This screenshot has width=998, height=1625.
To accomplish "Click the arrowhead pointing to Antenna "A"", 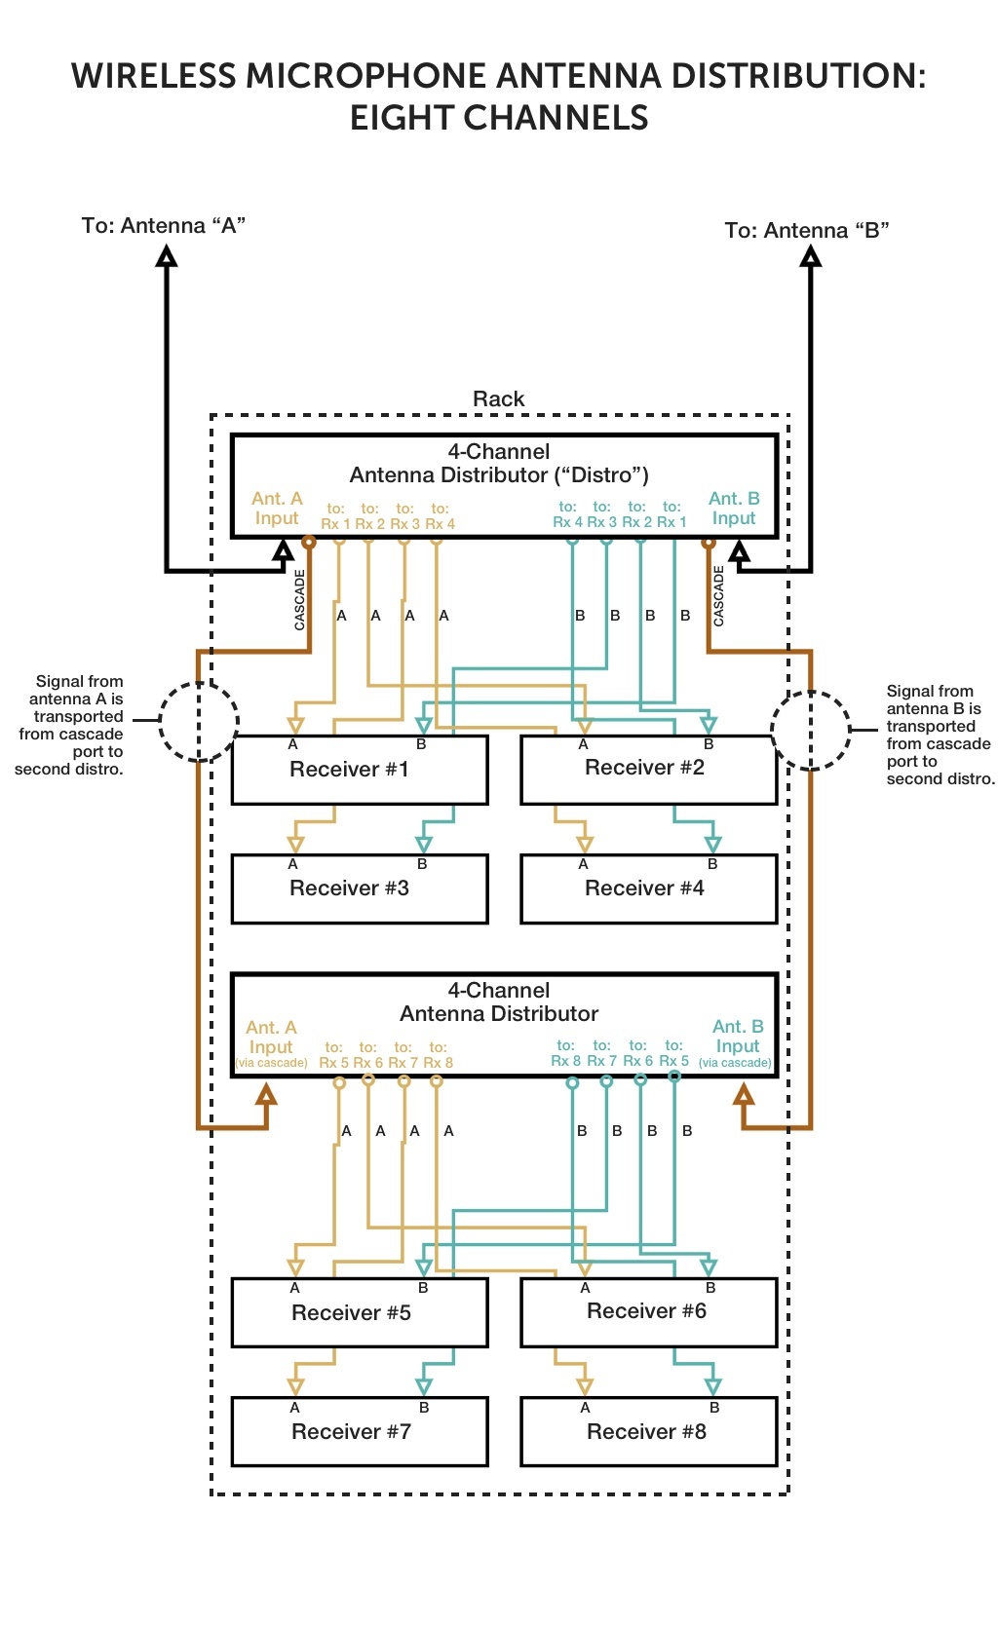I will (167, 256).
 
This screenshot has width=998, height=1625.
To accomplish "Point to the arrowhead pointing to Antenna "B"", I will (810, 256).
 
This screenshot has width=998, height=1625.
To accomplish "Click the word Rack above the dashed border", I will (498, 398).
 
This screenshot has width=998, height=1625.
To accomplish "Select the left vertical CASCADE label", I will (300, 599).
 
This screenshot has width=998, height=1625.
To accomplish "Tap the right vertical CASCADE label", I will (719, 596).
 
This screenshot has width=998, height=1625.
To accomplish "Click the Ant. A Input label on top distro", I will (277, 509).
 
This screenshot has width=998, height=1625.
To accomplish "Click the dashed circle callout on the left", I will (199, 721).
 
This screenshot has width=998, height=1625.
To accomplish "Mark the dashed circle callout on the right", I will (810, 731).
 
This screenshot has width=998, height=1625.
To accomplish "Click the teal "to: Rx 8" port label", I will (565, 1053).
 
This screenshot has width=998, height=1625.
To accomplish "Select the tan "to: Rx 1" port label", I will (334, 516).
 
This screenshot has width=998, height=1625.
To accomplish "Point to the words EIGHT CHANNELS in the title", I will (499, 118).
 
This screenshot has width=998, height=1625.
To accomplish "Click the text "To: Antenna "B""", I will (806, 231).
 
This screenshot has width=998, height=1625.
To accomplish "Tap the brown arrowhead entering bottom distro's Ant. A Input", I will (266, 1095).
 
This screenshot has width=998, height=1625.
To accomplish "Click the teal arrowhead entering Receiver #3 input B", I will (423, 844).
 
